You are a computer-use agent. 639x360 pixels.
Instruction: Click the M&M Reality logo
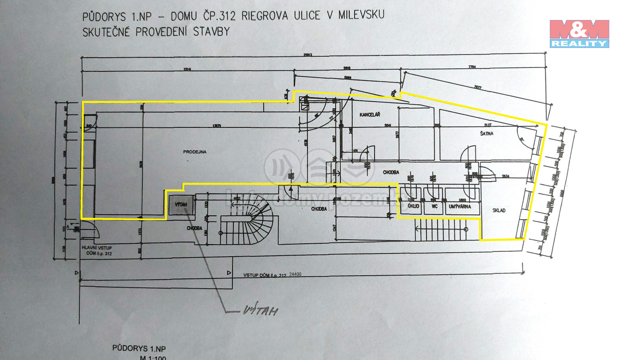[579, 33]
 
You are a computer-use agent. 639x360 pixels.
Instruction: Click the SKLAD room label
[499, 210]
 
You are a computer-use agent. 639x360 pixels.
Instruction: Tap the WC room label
[432, 207]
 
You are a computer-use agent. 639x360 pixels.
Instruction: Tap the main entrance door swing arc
[95, 230]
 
